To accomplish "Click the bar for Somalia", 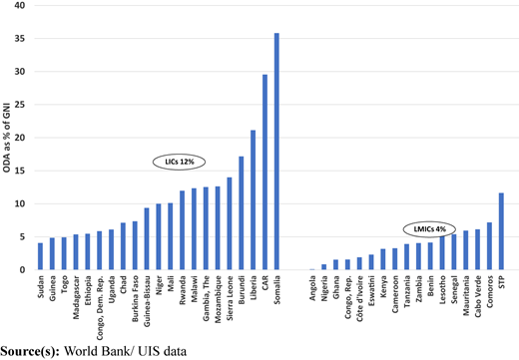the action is [x=276, y=152].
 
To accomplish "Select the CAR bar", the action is [x=264, y=173].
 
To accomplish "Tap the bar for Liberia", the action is [x=253, y=199].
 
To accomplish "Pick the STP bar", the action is [x=501, y=231].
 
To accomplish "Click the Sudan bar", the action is [x=40, y=256].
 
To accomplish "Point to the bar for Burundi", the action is [x=242, y=213].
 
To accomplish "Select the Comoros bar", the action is [x=489, y=246].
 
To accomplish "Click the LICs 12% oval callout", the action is [x=179, y=162].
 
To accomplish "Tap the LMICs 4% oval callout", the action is [x=429, y=229].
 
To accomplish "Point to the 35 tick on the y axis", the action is [x=20, y=39].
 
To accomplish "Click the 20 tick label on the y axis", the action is [x=20, y=138].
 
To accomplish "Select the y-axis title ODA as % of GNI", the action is [x=6, y=138].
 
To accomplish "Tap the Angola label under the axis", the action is [x=312, y=288].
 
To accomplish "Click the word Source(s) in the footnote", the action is [x=30, y=352].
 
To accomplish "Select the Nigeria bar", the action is [x=324, y=267].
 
